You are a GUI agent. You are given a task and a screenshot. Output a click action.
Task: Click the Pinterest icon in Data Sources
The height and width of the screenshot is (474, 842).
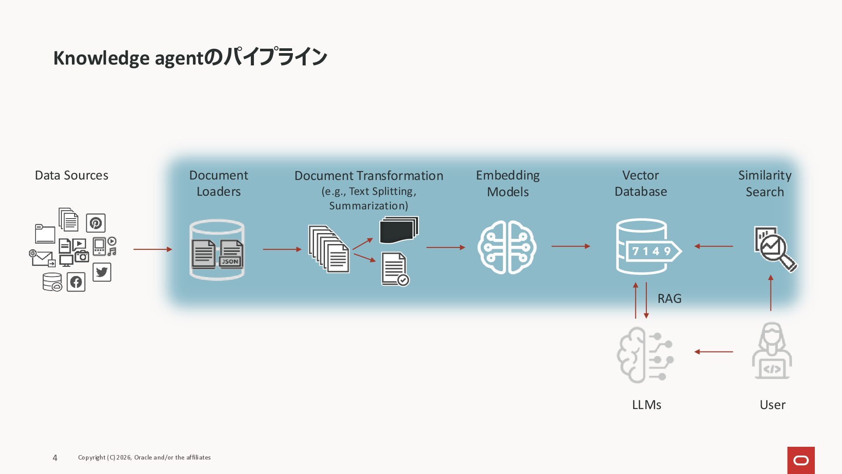(96, 223)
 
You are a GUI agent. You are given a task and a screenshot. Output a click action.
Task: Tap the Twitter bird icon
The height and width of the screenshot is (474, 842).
(102, 272)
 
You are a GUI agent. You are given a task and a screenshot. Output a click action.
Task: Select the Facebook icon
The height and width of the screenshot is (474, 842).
(76, 282)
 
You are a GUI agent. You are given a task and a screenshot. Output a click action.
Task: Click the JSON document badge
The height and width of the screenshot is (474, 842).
(230, 262)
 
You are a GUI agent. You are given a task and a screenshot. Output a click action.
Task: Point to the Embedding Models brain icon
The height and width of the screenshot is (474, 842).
(507, 247)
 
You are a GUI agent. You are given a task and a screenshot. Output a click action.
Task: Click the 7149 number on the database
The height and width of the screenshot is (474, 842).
(651, 251)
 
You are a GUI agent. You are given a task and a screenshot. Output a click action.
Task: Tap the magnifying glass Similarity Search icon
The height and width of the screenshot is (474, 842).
(775, 248)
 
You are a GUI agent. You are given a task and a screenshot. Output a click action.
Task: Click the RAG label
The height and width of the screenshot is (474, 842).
(669, 298)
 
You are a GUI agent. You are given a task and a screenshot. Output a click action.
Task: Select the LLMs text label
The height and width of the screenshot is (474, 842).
(646, 405)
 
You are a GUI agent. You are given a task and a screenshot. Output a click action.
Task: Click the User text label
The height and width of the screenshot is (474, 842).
(772, 405)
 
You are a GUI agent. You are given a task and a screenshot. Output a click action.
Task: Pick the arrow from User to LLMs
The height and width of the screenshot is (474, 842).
(714, 352)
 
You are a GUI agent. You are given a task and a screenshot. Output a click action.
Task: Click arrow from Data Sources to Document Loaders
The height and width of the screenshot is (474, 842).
(153, 249)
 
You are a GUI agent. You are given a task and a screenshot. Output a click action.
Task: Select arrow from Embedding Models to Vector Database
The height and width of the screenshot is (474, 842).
(571, 246)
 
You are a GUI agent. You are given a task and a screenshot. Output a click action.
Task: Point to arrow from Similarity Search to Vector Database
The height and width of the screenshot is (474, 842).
(714, 246)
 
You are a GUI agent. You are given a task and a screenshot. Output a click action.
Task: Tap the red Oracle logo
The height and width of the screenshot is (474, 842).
(801, 460)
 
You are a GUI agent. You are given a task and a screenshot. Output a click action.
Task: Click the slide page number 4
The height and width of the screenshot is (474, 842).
(55, 458)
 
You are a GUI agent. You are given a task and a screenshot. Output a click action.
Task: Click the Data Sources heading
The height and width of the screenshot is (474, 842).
(71, 175)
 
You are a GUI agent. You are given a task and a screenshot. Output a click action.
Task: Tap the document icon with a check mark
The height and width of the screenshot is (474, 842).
(395, 269)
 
